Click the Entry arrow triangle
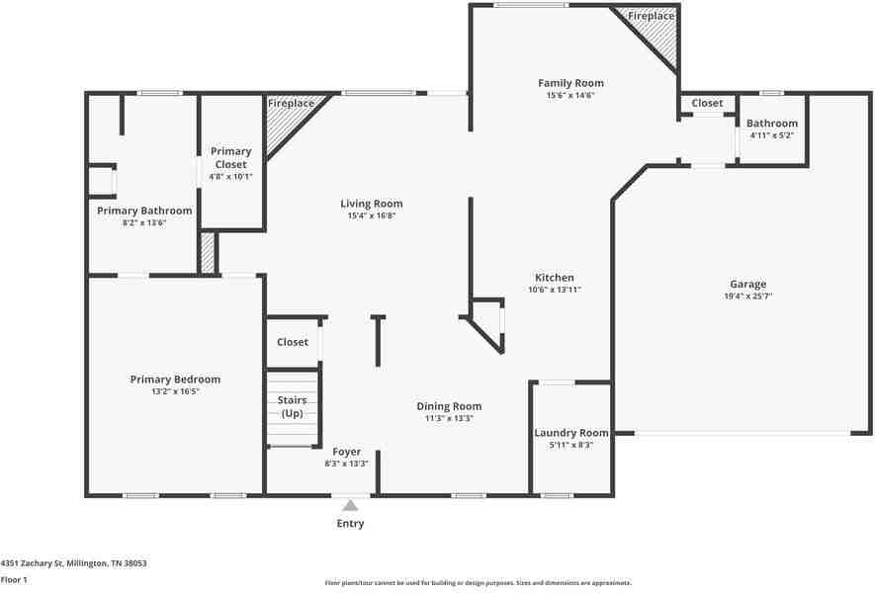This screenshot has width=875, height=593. click(350, 505)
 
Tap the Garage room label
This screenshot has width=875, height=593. click(747, 284)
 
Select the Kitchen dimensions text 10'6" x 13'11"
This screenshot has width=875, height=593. click(554, 290)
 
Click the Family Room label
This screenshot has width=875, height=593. click(570, 83)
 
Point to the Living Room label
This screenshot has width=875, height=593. click(371, 204)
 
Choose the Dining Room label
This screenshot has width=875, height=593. click(449, 406)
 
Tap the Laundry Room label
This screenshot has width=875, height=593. click(570, 433)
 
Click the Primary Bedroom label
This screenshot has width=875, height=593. click(175, 380)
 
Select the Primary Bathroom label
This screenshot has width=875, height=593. click(144, 211)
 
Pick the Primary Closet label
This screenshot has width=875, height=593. click(230, 158)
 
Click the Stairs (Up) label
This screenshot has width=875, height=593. click(292, 406)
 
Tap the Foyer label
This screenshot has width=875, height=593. click(347, 452)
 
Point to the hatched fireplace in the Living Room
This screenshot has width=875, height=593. click(288, 120)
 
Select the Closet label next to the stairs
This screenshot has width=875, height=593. click(293, 342)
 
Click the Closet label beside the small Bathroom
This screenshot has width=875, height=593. click(707, 103)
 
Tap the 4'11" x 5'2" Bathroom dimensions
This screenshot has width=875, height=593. click(772, 135)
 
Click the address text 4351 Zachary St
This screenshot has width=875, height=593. click(32, 563)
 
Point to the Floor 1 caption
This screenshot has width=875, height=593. click(14, 580)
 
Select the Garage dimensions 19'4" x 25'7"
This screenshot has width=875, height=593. click(747, 296)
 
